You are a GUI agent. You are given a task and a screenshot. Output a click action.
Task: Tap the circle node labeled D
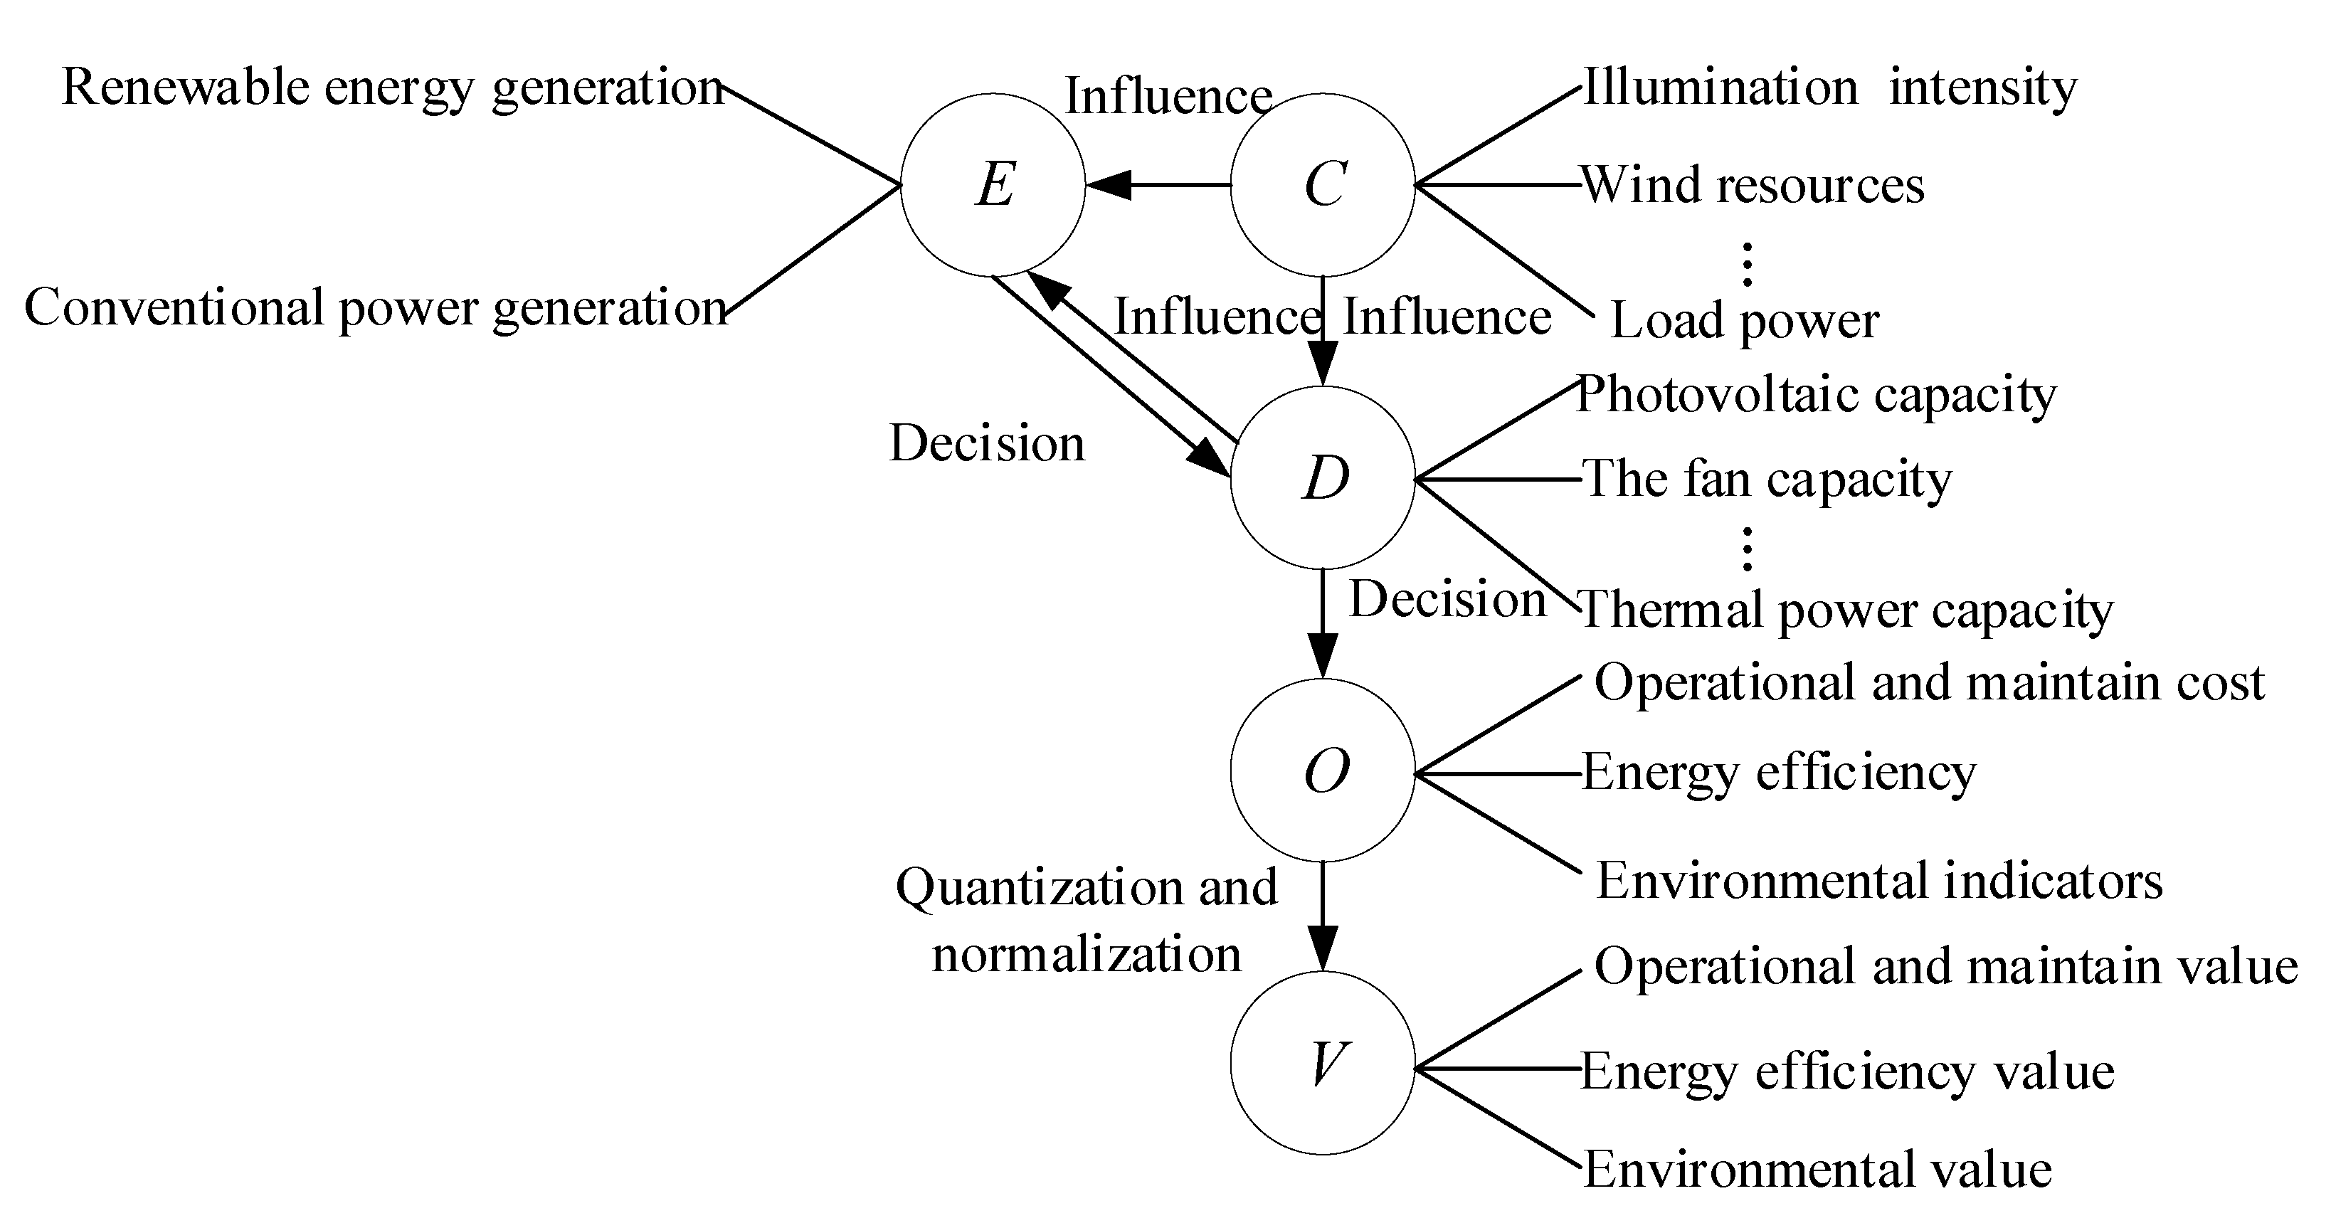(x=1323, y=478)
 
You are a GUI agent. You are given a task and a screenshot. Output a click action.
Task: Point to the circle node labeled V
(x=1323, y=1064)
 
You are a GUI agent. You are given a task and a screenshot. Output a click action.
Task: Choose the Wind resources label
(x=1753, y=186)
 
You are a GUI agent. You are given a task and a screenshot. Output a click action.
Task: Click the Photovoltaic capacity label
(x=1816, y=396)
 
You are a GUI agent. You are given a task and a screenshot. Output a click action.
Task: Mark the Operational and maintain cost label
(x=1929, y=683)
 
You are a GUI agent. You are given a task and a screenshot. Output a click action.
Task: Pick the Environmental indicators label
(x=1878, y=882)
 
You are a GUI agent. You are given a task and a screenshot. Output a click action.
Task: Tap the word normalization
(x=1086, y=956)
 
